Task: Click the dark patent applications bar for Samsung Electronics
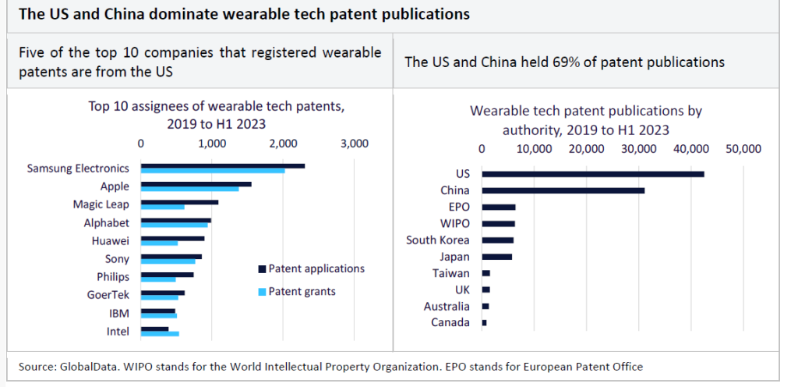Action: click(222, 165)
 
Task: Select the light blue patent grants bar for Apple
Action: click(189, 189)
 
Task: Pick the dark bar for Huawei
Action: click(172, 238)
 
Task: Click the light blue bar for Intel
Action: click(159, 334)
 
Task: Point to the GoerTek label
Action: click(108, 295)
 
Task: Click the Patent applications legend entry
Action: click(316, 268)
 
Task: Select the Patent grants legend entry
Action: click(302, 291)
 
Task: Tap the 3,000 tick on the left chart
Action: click(354, 144)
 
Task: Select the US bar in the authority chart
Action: click(592, 174)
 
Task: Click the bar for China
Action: click(563, 190)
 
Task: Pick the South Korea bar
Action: click(498, 240)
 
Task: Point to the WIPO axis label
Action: click(455, 224)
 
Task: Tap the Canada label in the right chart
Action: click(450, 322)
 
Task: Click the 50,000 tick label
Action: click(743, 150)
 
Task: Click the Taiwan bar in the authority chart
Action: click(486, 273)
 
